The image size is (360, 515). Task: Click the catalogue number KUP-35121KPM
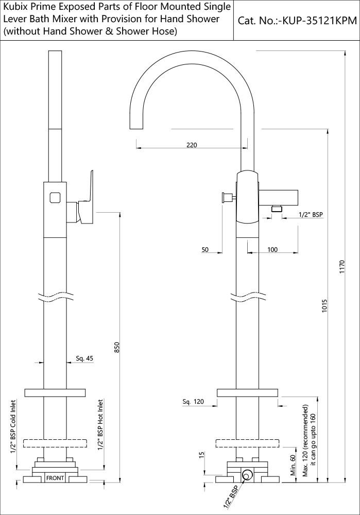click(320, 21)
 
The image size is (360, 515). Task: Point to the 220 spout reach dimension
click(192, 145)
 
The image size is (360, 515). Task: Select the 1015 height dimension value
click(324, 306)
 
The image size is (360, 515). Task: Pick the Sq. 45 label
click(85, 358)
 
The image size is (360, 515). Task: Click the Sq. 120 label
click(193, 401)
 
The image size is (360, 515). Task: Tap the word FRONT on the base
click(55, 478)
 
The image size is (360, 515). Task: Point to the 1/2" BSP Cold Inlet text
click(13, 426)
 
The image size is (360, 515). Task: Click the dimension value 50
click(205, 250)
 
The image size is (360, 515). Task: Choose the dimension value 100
click(272, 250)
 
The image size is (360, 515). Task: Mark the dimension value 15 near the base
click(202, 455)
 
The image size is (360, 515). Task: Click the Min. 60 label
click(293, 465)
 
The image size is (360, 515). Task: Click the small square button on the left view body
click(55, 198)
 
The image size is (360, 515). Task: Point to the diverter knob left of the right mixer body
click(227, 197)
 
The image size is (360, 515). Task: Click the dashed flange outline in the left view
click(55, 443)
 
